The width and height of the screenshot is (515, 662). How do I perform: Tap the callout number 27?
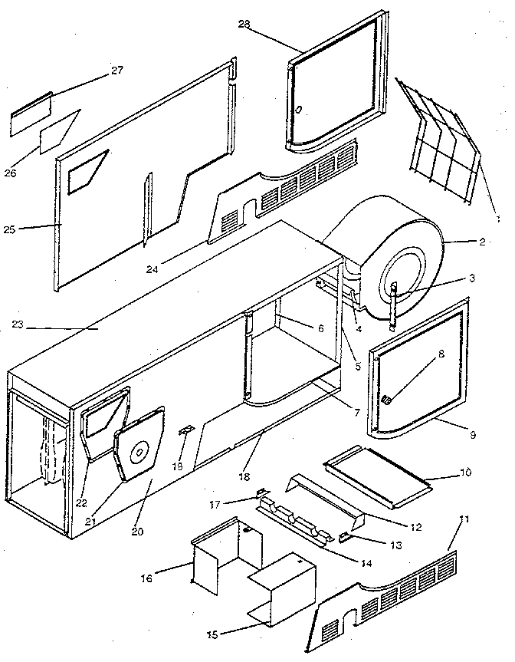pos(116,71)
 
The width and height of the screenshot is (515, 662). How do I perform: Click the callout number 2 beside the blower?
pos(482,242)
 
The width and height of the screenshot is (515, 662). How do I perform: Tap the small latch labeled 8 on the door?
pos(387,398)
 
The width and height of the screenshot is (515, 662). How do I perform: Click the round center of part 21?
pos(139,453)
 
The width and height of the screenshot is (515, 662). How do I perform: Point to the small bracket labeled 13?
pos(346,535)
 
